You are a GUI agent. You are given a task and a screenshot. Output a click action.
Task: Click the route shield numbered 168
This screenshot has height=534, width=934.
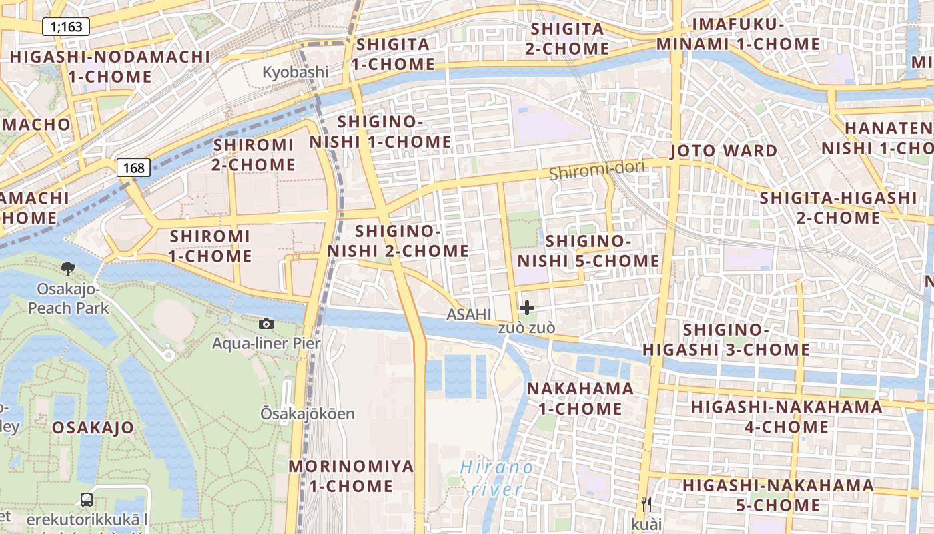click(x=134, y=168)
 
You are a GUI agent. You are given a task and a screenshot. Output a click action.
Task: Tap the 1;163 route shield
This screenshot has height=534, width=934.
click(x=66, y=27)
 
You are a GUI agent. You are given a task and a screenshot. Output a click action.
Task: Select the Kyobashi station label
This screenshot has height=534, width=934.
click(x=295, y=72)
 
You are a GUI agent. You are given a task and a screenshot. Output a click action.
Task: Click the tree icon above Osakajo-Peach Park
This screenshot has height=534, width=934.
click(x=67, y=269)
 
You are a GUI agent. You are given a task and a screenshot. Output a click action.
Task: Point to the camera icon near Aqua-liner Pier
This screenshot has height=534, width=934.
click(x=266, y=324)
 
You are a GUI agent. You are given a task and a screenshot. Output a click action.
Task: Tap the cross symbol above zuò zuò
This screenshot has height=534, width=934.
click(x=527, y=308)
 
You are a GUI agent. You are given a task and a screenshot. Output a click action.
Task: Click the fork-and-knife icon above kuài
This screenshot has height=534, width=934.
click(x=646, y=504)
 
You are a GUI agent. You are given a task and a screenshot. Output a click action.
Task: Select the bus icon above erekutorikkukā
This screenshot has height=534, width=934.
click(x=87, y=499)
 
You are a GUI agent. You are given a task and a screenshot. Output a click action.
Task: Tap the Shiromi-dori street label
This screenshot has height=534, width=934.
click(x=597, y=170)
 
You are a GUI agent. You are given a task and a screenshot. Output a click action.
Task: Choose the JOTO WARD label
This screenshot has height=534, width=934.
click(x=724, y=151)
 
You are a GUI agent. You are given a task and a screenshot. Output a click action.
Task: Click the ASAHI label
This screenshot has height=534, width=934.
click(x=469, y=314)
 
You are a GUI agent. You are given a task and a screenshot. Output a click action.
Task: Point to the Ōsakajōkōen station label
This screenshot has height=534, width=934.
click(x=308, y=414)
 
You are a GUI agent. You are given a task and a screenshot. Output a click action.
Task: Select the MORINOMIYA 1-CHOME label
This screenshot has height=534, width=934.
click(x=351, y=476)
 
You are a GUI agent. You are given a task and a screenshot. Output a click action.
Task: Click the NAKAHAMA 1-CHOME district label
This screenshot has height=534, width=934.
click(x=580, y=398)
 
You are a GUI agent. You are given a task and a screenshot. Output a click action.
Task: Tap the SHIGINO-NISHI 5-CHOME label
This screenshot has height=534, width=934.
click(x=588, y=251)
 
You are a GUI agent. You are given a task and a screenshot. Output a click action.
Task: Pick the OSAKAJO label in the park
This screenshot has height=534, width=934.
click(x=93, y=427)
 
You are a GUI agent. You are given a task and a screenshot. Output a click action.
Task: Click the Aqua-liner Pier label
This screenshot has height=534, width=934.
click(x=266, y=344)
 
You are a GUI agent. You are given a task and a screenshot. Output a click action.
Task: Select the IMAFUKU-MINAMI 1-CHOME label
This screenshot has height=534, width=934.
click(x=738, y=35)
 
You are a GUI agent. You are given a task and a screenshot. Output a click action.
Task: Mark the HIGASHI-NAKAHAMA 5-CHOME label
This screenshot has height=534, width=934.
click(x=778, y=495)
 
